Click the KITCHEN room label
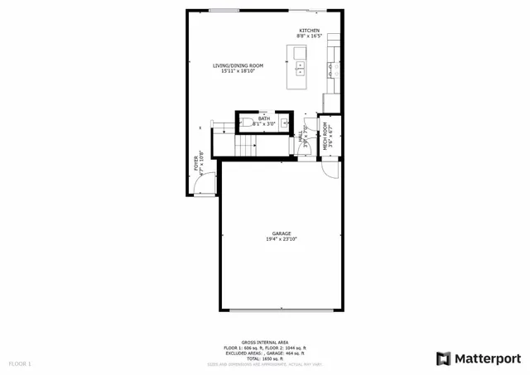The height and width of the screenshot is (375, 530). (x=309, y=31)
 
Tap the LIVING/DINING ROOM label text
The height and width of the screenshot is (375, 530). (x=238, y=65)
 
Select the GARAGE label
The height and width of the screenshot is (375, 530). (x=282, y=233)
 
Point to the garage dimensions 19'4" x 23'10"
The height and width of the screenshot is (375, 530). (x=282, y=239)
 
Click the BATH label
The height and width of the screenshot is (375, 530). (x=263, y=119)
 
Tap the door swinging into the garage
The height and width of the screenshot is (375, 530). (x=330, y=169)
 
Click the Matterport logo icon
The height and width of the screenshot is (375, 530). (x=444, y=358)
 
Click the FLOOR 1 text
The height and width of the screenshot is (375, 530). (x=19, y=363)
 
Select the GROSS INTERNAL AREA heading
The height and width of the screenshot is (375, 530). (x=265, y=342)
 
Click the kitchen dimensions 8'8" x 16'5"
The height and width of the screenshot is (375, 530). (x=310, y=36)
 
